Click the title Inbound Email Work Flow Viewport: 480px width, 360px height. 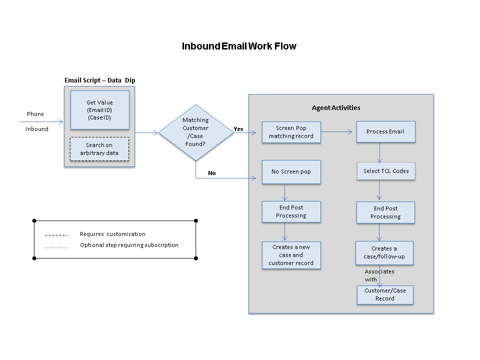tap(239, 46)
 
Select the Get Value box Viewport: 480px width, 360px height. tap(99, 110)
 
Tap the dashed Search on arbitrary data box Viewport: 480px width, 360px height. tap(99, 149)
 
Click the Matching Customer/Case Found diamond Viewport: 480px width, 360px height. tap(195, 132)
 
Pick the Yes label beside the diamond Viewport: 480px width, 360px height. tap(238, 129)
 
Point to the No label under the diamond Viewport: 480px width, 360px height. tap(212, 173)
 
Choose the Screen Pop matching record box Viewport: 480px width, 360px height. tap(291, 132)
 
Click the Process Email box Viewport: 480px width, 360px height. tap(385, 131)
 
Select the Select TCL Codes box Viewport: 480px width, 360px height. tap(385, 171)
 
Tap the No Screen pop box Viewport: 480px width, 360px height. tap(291, 171)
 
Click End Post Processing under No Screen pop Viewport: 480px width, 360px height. tap(291, 211)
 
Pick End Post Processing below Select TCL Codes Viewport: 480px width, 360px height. tap(385, 212)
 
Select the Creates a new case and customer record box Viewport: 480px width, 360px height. tap(291, 255)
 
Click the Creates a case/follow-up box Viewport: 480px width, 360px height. tap(384, 252)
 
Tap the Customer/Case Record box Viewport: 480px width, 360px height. tap(385, 294)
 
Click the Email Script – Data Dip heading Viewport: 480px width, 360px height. tap(100, 80)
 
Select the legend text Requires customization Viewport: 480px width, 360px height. tap(112, 234)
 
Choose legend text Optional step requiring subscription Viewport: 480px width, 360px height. tap(129, 245)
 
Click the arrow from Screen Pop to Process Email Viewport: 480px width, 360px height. tap(338, 132)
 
